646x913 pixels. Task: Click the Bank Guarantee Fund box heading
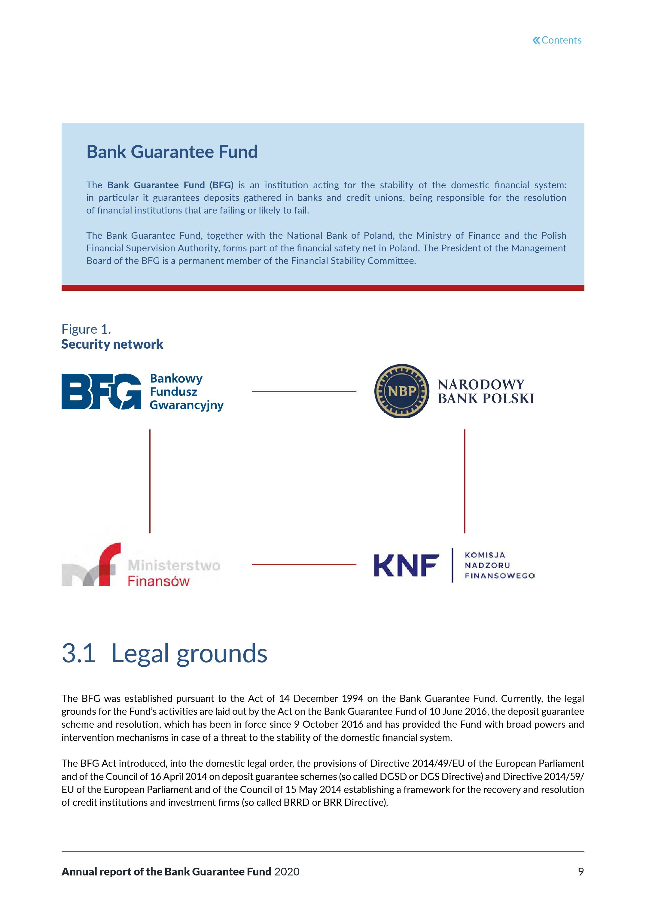[x=172, y=152]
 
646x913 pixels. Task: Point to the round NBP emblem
[x=402, y=391]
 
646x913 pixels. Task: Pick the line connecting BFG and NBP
[x=304, y=392]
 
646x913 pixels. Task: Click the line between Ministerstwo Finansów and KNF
[x=304, y=564]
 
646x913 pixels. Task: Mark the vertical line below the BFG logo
[x=150, y=481]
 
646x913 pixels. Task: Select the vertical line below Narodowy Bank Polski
[x=465, y=481]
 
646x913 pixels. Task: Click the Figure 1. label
[x=86, y=329]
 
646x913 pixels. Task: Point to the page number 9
[x=581, y=872]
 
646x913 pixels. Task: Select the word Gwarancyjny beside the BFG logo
[x=186, y=405]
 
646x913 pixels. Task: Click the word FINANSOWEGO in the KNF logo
[x=500, y=575]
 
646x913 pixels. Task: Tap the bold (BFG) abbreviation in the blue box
[x=221, y=185]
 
